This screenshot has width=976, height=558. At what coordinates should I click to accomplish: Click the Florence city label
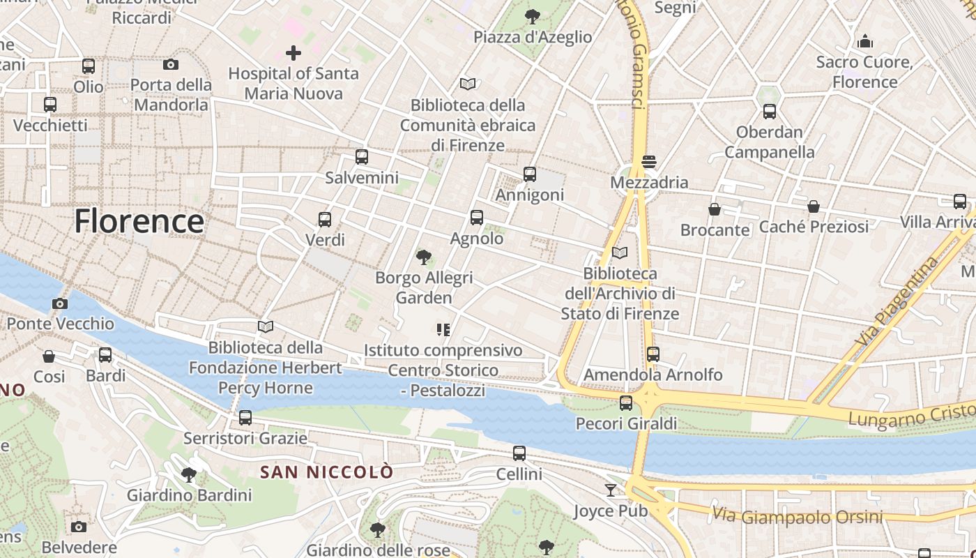(139, 221)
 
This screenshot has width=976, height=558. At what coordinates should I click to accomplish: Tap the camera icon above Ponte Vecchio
(60, 303)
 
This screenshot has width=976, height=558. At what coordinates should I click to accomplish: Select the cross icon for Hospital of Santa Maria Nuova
(293, 52)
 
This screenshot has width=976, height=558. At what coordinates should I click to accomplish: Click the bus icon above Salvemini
(361, 157)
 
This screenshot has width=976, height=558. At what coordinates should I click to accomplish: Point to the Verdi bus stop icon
(324, 220)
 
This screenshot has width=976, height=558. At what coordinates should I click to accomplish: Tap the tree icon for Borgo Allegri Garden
(423, 257)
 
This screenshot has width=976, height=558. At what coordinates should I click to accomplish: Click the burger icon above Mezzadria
(649, 162)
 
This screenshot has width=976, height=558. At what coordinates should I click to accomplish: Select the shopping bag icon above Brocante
(715, 209)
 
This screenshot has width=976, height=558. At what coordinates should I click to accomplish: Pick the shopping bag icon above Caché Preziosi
(814, 206)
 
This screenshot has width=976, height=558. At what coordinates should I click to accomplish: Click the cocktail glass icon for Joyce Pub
(611, 490)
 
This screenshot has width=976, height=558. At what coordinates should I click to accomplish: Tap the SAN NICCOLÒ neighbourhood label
(327, 472)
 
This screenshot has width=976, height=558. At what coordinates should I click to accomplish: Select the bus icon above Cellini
(519, 453)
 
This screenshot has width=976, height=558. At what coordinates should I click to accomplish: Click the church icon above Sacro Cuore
(865, 41)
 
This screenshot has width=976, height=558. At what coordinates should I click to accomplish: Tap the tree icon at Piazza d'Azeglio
(533, 16)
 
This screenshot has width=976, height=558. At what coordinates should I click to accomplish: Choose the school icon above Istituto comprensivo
(443, 329)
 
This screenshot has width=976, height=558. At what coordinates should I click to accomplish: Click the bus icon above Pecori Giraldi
(626, 402)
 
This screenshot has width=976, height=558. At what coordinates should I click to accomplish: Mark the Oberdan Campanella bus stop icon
(770, 112)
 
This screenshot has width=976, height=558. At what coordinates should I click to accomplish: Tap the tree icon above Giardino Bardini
(188, 475)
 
